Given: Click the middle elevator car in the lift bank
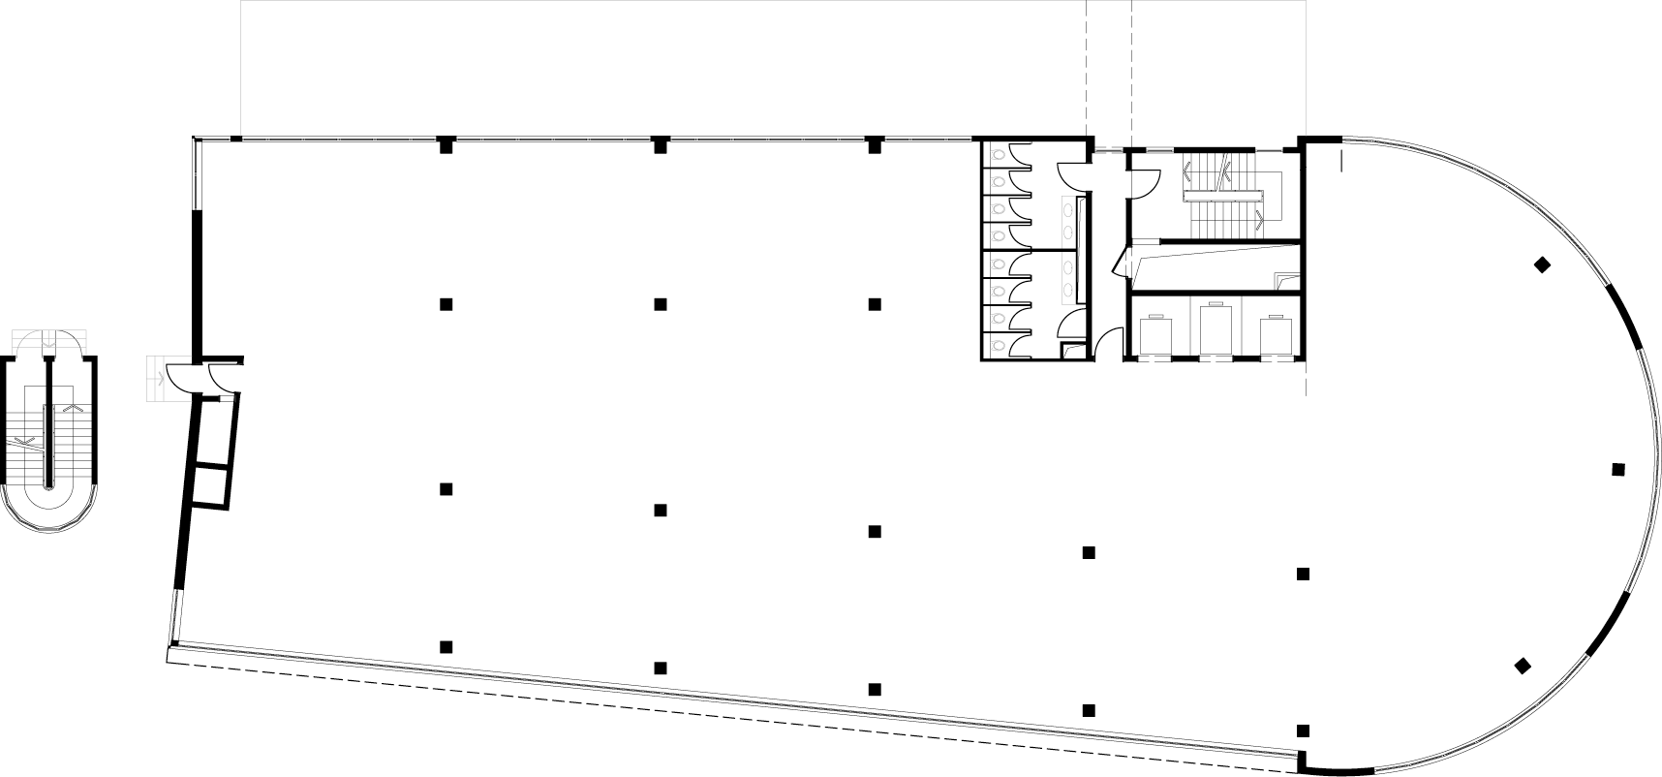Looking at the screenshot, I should [1216, 330].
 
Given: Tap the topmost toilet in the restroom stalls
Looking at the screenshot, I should [998, 154].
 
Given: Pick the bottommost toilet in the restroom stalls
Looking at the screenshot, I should [998, 343].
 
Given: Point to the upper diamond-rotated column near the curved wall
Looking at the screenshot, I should [1541, 264].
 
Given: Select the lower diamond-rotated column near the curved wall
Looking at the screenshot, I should [1523, 666].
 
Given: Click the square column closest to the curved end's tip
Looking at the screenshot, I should [1617, 470].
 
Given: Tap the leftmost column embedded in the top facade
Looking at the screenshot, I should [446, 145].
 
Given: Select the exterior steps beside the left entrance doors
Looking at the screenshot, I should [155, 378].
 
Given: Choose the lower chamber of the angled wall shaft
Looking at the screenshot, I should [211, 486].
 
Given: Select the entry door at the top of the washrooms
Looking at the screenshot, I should [1073, 175].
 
